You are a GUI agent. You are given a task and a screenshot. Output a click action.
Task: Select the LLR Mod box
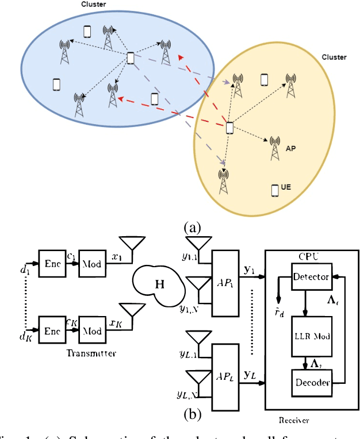311,335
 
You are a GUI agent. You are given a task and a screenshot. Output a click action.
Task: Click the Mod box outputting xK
92,330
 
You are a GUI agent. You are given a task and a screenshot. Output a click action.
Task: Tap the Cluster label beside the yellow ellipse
334,57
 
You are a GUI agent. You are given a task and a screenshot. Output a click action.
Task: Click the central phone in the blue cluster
131,59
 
